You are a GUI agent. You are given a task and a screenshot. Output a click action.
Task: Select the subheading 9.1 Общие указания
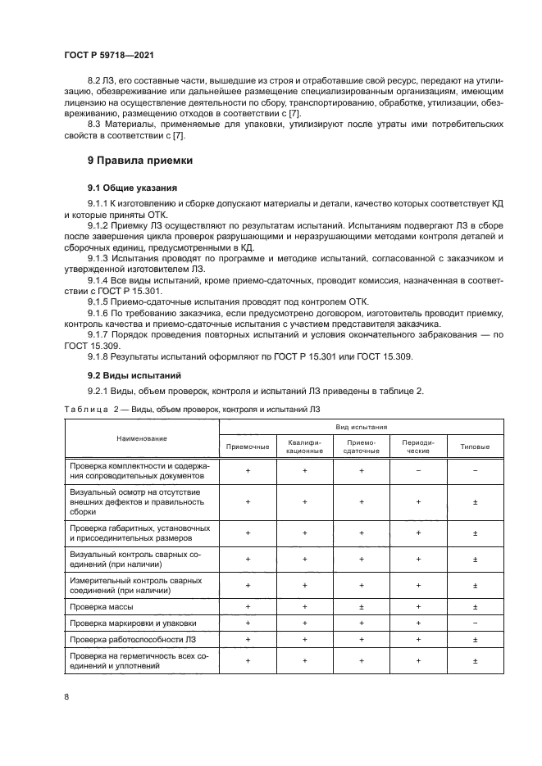tap(132, 188)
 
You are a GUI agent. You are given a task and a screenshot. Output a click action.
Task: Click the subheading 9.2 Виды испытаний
tap(129, 376)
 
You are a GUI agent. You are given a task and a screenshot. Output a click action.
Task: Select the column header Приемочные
tap(248, 446)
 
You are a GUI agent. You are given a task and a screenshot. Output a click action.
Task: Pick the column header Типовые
tap(475, 446)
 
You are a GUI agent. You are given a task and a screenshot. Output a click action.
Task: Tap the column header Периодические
tap(418, 446)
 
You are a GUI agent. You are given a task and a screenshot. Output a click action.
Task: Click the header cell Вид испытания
tap(361, 427)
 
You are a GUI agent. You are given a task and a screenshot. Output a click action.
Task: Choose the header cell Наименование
tap(141, 437)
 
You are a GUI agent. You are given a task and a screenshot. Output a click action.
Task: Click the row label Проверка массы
tap(102, 607)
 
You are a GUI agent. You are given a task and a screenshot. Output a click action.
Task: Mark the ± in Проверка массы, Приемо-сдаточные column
tap(361, 607)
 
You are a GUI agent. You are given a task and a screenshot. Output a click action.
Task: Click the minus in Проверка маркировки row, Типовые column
tap(475, 623)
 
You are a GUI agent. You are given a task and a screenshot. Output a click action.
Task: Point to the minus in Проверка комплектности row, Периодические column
tap(418, 471)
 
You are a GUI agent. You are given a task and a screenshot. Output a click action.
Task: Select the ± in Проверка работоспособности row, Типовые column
tap(475, 639)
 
